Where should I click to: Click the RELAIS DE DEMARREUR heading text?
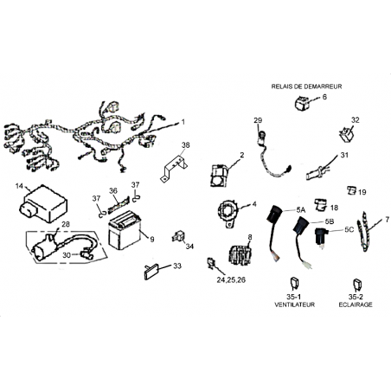(x=306, y=87)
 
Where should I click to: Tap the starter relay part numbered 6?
(x=302, y=103)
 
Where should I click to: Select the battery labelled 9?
(x=124, y=230)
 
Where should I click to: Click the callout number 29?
(x=258, y=120)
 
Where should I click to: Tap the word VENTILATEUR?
(x=294, y=304)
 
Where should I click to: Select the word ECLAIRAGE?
(x=356, y=304)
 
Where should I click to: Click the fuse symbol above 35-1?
(x=293, y=284)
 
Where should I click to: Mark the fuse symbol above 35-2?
(x=357, y=285)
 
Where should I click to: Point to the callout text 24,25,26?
(x=231, y=279)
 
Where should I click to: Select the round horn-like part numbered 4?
(x=228, y=213)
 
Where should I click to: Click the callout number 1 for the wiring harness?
(x=183, y=122)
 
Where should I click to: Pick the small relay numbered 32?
(x=347, y=134)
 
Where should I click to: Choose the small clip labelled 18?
(x=320, y=204)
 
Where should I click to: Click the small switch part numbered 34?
(x=178, y=236)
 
